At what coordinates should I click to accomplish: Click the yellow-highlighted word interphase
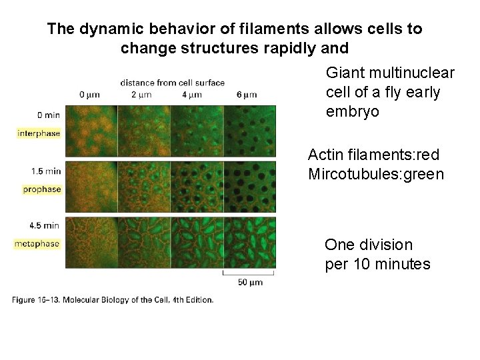(39, 133)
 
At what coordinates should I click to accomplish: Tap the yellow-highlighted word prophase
(41, 189)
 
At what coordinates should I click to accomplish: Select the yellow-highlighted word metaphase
(37, 244)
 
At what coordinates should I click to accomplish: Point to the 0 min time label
(49, 115)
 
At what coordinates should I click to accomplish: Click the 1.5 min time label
(45, 171)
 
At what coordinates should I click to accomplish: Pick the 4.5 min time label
(45, 226)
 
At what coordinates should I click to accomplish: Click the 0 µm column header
(90, 95)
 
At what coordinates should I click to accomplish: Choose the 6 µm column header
(247, 95)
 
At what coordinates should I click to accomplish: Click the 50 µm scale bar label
(250, 282)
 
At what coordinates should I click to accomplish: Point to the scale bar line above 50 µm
(249, 273)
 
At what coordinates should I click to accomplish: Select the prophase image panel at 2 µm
(144, 186)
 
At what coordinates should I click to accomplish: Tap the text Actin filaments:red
(373, 155)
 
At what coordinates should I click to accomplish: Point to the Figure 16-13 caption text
(113, 300)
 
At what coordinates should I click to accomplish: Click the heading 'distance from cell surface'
(172, 83)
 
